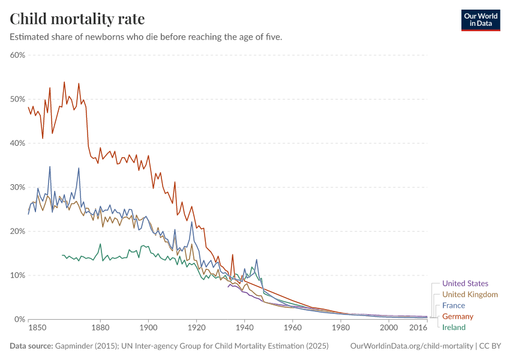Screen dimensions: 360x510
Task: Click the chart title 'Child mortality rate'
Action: pyautogui.click(x=77, y=19)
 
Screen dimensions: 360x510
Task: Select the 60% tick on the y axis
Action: pyautogui.click(x=17, y=55)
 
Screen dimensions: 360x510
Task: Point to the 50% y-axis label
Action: pyautogui.click(x=17, y=99)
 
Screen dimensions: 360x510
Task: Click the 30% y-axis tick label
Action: pyautogui.click(x=17, y=187)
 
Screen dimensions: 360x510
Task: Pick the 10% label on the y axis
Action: pyautogui.click(x=17, y=275)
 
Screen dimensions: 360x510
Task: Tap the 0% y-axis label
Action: pyautogui.click(x=19, y=319)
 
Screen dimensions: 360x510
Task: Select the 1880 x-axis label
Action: pyautogui.click(x=100, y=329)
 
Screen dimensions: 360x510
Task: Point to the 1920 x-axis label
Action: pyautogui.click(x=196, y=329)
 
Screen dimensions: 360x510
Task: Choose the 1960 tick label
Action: pyautogui.click(x=293, y=329)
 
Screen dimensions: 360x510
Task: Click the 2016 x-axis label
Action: pyautogui.click(x=418, y=329)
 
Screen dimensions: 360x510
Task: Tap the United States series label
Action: pyautogui.click(x=465, y=283)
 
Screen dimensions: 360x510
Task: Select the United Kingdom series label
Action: pyautogui.click(x=470, y=295)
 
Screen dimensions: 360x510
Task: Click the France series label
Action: pyautogui.click(x=454, y=305)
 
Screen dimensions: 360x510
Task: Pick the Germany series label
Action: pyautogui.click(x=458, y=316)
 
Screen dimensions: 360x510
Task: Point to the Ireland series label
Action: pyautogui.click(x=454, y=327)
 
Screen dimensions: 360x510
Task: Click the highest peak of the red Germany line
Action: pyautogui.click(x=64, y=82)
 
